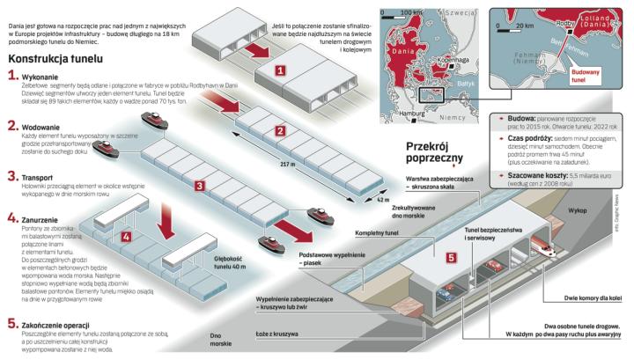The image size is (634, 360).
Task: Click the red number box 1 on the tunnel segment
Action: tap(279, 69)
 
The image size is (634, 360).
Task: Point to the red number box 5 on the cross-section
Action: tap(451, 258)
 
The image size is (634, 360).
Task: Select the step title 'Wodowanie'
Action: tap(42, 127)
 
